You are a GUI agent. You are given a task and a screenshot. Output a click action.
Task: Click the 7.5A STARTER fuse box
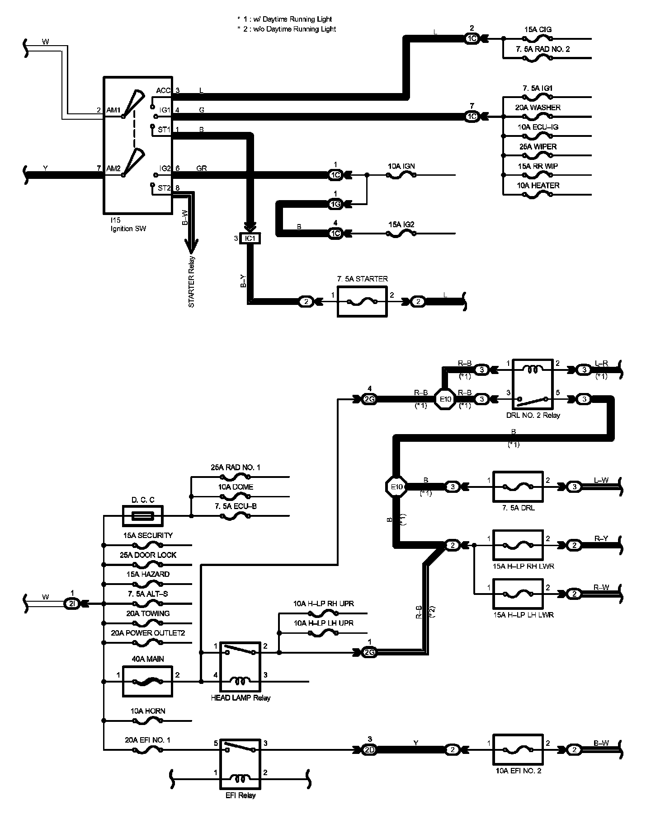point(362,301)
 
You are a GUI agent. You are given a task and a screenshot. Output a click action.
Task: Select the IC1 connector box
point(250,239)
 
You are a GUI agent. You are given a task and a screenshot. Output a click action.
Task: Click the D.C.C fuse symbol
point(143,516)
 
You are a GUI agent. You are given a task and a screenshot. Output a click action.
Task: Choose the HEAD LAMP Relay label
point(241,697)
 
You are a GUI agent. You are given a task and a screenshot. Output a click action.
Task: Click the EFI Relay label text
point(241,795)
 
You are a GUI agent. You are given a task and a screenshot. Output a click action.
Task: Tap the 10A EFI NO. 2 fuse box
point(518,750)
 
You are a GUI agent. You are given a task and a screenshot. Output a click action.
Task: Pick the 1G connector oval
point(335,204)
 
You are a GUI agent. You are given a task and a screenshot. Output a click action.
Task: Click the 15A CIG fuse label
point(538,29)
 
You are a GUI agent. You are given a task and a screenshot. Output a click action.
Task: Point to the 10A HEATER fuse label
point(538,186)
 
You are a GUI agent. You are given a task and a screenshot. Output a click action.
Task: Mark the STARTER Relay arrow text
point(192,282)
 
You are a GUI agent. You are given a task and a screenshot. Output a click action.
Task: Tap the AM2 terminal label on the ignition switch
point(113,168)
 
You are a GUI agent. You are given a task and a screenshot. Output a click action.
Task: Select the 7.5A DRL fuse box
point(518,487)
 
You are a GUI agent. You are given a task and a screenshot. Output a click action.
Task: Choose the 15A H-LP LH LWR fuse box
point(518,594)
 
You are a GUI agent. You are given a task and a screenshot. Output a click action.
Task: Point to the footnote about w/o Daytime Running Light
point(287,29)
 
